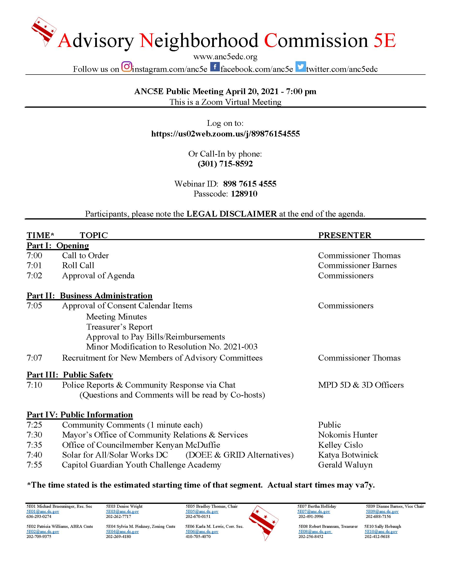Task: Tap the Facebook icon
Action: coord(215,67)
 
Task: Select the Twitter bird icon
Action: coord(301,67)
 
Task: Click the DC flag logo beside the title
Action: coord(44,31)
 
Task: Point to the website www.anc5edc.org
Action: coord(225,56)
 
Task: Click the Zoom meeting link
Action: coord(225,134)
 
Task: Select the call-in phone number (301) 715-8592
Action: coord(225,164)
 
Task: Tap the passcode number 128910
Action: coord(244,194)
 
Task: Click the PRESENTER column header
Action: coord(345,235)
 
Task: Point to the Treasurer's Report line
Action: coord(119,327)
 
